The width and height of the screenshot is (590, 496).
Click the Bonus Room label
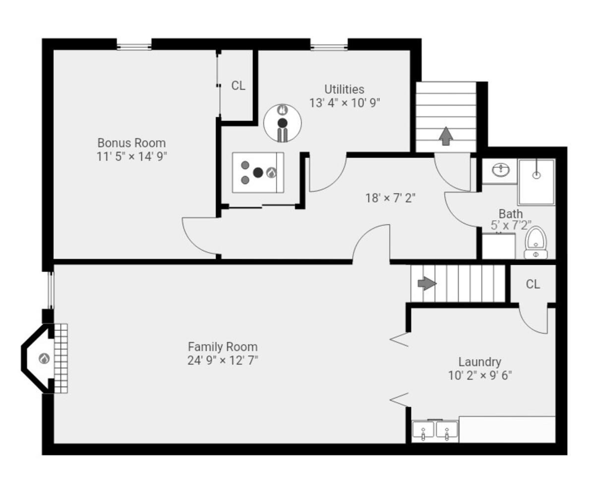131,143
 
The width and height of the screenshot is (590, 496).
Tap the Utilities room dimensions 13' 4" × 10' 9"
344,103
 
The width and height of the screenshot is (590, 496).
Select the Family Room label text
223,347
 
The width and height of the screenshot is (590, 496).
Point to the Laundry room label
479,362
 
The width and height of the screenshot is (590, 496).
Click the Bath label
510,214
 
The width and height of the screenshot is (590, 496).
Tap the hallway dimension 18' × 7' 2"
390,198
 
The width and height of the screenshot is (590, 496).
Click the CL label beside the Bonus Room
238,86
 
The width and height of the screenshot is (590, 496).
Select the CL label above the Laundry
532,284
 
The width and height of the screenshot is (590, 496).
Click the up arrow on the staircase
446,136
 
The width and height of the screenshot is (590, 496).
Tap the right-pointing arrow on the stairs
427,283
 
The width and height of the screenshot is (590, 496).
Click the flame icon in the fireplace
44,358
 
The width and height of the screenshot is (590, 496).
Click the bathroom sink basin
500,171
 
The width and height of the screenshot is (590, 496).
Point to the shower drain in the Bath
536,175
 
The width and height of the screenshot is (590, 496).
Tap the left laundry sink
423,431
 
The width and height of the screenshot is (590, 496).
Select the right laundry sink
447,431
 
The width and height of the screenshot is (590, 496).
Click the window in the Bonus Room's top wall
134,47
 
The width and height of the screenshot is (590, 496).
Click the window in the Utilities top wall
329,47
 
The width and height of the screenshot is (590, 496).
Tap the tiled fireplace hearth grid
60,358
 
